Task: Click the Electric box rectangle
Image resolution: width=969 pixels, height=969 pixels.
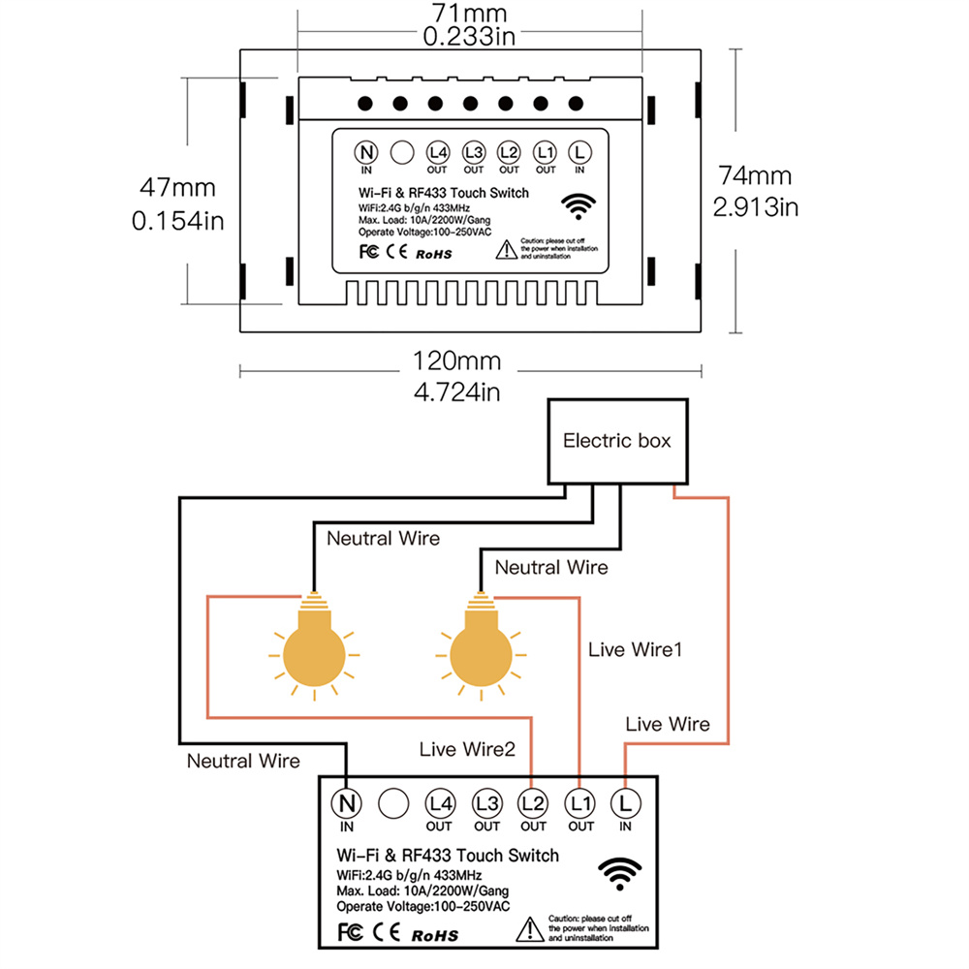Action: point(616,442)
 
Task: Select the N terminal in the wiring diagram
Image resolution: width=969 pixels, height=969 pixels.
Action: point(346,802)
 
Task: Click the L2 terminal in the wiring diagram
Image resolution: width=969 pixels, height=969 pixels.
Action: point(533,802)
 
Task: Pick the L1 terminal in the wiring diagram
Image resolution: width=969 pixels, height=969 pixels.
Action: point(580,802)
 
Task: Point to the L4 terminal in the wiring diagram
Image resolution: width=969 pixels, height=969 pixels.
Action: point(439,802)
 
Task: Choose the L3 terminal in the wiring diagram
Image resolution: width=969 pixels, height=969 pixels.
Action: point(486,802)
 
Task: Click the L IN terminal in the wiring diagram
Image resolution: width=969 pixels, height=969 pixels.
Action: point(625,802)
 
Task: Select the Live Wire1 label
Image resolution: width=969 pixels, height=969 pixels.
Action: point(636,649)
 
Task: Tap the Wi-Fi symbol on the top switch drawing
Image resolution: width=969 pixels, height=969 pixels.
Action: point(580,204)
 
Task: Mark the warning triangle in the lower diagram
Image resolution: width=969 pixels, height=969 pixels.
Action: point(530,927)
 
